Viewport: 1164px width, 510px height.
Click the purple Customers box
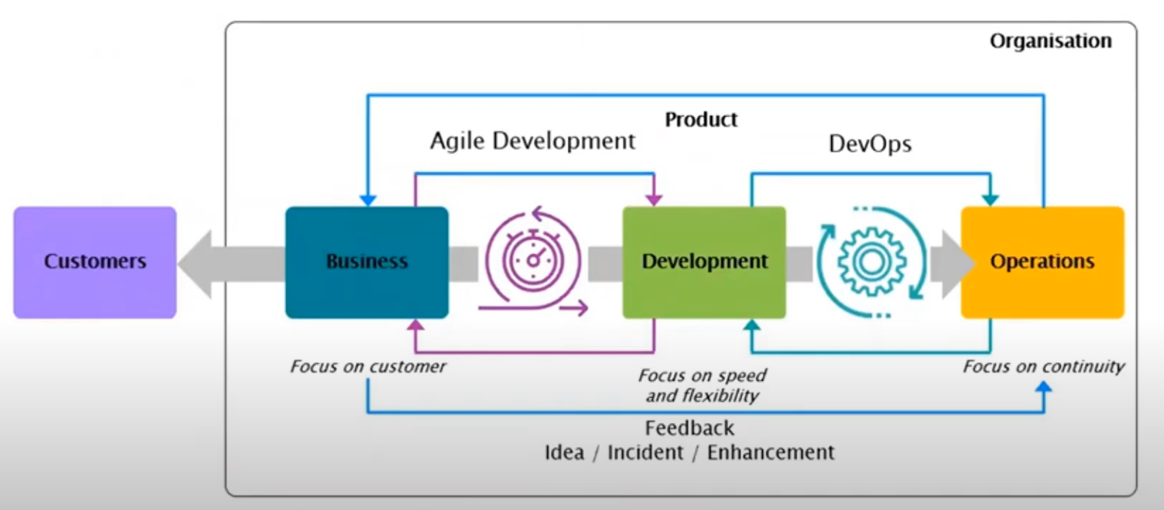click(x=95, y=262)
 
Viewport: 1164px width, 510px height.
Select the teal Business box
click(x=366, y=262)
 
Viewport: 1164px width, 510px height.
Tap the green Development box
click(x=704, y=262)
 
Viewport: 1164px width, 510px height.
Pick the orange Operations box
click(x=1042, y=262)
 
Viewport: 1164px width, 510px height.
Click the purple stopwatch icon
click(x=533, y=261)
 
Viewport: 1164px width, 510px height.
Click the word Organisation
click(x=1050, y=41)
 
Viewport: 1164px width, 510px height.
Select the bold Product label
click(x=701, y=120)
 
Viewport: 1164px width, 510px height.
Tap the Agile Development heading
click(x=532, y=141)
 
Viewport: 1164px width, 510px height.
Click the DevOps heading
click(x=870, y=144)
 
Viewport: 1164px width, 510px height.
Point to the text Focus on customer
click(x=368, y=366)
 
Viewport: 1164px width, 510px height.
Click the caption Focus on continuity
click(x=1043, y=366)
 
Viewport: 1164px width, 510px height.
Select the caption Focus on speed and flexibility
click(x=702, y=386)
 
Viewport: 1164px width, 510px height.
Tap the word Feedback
click(x=689, y=428)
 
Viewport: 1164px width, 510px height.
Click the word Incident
click(x=645, y=453)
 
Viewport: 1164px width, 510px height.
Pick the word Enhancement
click(x=770, y=453)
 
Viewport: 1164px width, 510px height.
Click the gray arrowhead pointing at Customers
click(x=196, y=264)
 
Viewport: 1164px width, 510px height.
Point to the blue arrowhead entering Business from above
click(x=368, y=200)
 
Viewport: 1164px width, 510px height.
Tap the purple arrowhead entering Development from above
click(x=653, y=200)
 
